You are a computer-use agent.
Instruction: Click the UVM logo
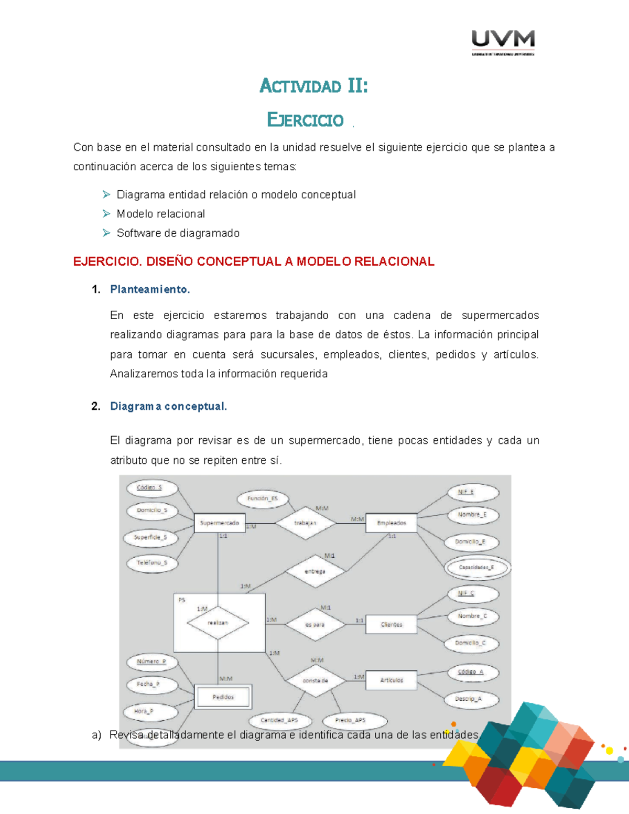pos(503,42)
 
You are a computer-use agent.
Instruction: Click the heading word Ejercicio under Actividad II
pos(306,120)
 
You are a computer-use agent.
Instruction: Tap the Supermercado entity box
pos(219,523)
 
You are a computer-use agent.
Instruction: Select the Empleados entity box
pos(391,523)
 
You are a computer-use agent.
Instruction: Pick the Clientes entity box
pos(391,624)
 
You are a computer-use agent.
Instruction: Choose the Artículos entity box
pos(391,680)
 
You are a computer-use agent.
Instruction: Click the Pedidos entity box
pos(223,697)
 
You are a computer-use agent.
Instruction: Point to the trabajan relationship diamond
pos(305,523)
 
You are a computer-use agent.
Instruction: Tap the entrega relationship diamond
pos(314,571)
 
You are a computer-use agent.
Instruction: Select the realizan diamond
pos(218,623)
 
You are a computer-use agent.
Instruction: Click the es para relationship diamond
pos(314,624)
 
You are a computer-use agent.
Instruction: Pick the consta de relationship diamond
pos(315,680)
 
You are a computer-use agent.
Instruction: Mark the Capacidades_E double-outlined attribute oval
pos(476,567)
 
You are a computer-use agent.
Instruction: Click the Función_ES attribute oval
pos(263,498)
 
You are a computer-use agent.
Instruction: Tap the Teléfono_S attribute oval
pos(152,563)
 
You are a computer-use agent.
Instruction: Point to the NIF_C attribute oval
pos(472,593)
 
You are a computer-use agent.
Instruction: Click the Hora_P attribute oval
pos(150,711)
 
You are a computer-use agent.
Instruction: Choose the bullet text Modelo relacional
pos(161,214)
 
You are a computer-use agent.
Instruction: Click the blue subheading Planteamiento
pos(150,289)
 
